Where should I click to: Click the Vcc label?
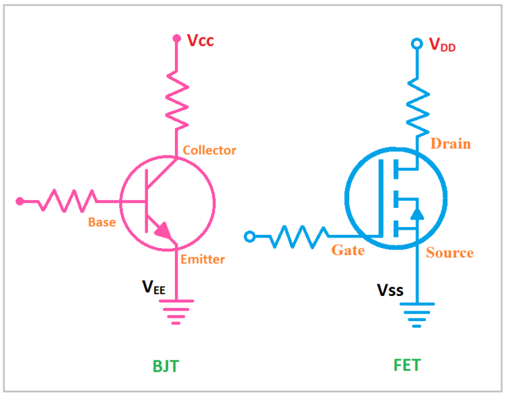[200, 41]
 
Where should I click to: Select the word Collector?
[209, 150]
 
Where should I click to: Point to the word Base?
[102, 222]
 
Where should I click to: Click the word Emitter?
[203, 259]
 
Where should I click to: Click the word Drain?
[450, 143]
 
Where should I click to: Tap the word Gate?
[348, 250]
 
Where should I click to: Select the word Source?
[450, 253]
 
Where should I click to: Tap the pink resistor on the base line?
[67, 200]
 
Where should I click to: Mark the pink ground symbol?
[176, 311]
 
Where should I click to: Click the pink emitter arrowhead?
[163, 231]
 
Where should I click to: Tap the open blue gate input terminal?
[249, 236]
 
